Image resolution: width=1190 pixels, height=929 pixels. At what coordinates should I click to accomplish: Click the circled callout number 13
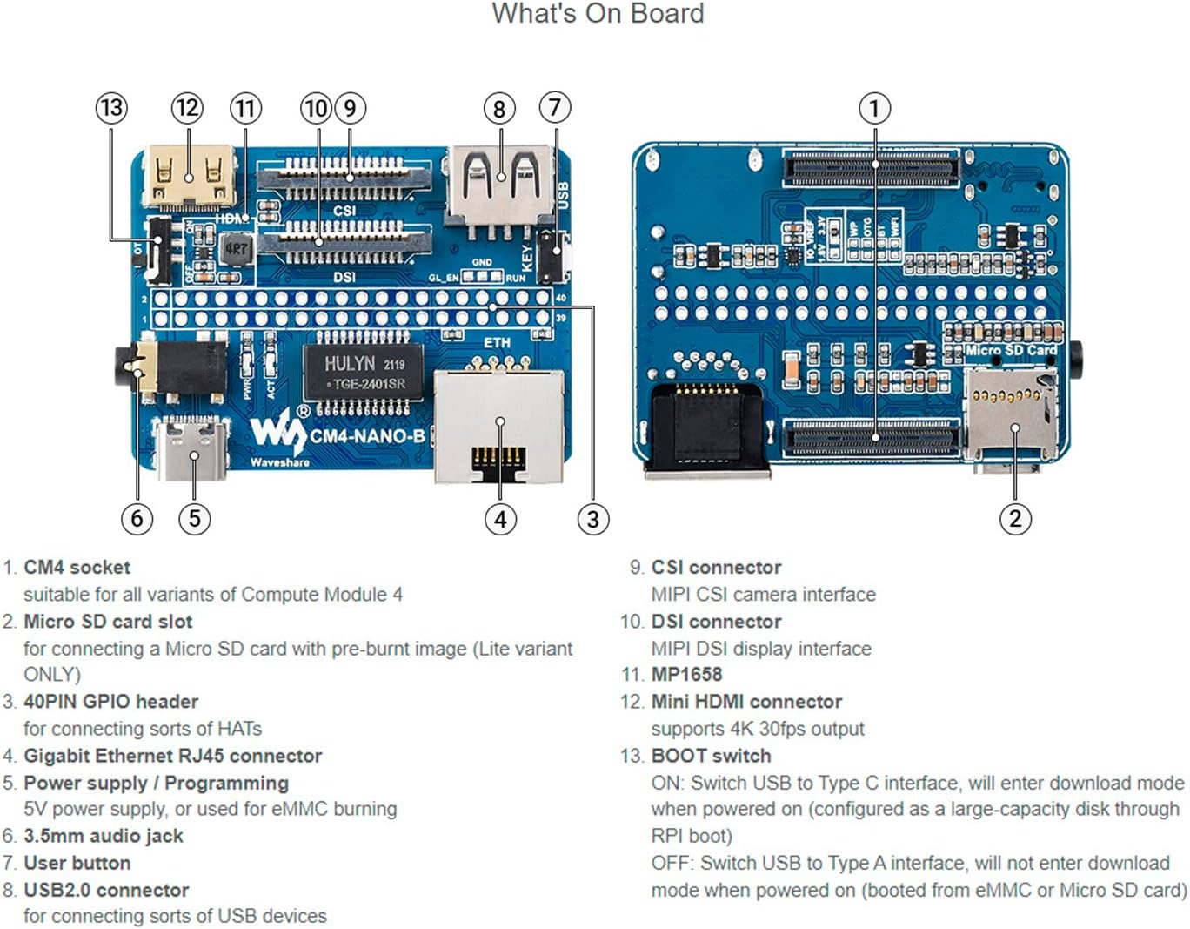pyautogui.click(x=110, y=108)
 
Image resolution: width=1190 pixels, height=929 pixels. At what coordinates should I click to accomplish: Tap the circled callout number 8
pyautogui.click(x=499, y=109)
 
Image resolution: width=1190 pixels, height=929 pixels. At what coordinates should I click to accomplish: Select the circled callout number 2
pyautogui.click(x=1014, y=519)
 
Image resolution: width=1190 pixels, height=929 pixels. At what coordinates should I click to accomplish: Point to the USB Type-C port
pyautogui.click(x=192, y=448)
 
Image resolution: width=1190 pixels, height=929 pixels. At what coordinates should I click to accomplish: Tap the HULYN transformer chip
pyautogui.click(x=364, y=373)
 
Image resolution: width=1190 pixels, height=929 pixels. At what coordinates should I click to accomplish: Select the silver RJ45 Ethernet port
pyautogui.click(x=498, y=425)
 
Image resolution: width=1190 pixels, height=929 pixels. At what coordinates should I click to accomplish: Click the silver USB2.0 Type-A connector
pyautogui.click(x=500, y=185)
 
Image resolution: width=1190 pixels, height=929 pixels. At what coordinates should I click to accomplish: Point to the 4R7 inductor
pyautogui.click(x=235, y=249)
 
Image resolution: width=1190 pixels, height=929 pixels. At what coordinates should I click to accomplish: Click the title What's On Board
pyautogui.click(x=598, y=14)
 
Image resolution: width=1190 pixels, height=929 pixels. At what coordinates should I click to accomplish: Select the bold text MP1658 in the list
pyautogui.click(x=686, y=675)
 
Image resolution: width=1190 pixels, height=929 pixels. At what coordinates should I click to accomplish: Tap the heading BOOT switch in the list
pyautogui.click(x=711, y=756)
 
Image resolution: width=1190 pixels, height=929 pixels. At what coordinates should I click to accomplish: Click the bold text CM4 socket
pyautogui.click(x=77, y=568)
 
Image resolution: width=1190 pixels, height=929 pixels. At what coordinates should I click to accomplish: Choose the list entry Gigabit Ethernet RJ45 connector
pyautogui.click(x=172, y=756)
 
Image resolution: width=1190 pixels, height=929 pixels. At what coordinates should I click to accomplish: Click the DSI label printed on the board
pyautogui.click(x=344, y=277)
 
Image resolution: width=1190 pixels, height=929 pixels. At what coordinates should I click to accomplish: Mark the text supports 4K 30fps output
pyautogui.click(x=758, y=729)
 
